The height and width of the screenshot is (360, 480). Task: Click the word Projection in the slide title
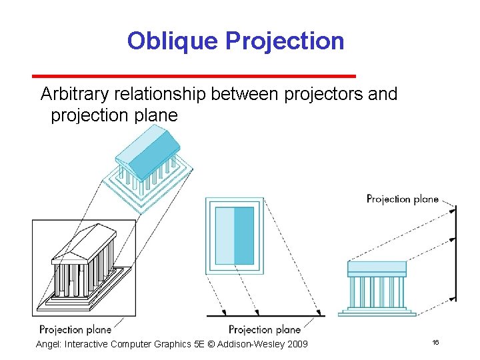click(x=285, y=41)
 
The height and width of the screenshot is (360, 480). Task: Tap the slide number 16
click(x=435, y=342)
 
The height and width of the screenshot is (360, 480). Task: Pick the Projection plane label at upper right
click(x=403, y=199)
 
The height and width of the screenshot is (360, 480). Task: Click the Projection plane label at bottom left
click(x=75, y=329)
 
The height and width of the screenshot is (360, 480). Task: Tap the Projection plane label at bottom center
click(x=265, y=329)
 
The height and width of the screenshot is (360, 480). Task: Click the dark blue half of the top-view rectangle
click(x=243, y=235)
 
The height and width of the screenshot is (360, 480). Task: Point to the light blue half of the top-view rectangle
click(x=225, y=235)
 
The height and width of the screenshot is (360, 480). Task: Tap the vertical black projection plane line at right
click(x=456, y=253)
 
